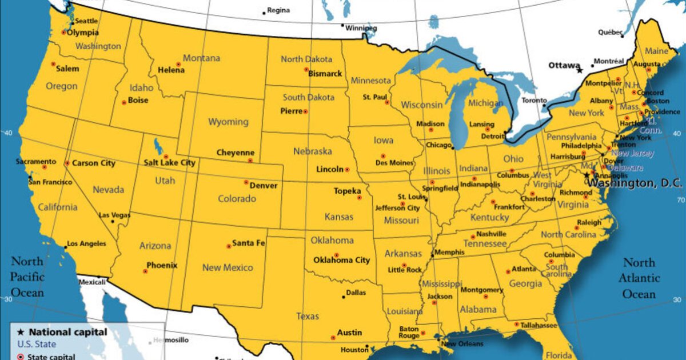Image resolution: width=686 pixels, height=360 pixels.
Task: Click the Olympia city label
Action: tap(83, 33)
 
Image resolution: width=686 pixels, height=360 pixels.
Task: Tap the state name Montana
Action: tap(201, 58)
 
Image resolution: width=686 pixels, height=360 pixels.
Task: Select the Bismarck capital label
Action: tap(325, 73)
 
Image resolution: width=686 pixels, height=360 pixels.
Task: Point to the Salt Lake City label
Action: tap(169, 163)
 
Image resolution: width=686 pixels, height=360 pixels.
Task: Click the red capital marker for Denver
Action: tap(246, 182)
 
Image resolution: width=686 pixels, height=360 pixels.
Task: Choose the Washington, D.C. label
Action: tap(635, 183)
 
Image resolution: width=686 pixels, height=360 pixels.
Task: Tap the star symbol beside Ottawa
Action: tap(580, 70)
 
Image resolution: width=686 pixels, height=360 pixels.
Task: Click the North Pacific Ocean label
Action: tap(27, 277)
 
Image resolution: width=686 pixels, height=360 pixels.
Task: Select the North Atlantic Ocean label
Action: tap(639, 278)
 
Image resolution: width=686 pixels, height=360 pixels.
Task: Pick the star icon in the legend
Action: tap(21, 332)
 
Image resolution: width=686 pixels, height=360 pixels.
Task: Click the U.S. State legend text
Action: tap(37, 344)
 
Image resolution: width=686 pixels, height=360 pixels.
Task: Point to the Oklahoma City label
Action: tap(341, 260)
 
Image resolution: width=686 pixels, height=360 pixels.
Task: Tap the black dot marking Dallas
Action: tap(344, 296)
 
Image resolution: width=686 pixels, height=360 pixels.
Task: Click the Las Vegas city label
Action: tap(114, 215)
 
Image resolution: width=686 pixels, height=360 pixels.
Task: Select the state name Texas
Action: tap(308, 316)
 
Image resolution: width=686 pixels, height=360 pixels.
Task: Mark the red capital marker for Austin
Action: tap(333, 338)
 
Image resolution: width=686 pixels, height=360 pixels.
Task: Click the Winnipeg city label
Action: tap(361, 28)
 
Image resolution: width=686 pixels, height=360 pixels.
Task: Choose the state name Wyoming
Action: tap(228, 122)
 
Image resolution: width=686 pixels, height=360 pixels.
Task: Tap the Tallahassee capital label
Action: tap(539, 325)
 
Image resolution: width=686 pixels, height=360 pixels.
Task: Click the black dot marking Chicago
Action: tap(453, 147)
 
